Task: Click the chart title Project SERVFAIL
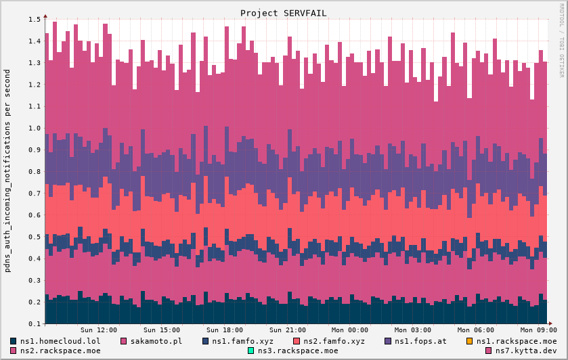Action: click(283, 13)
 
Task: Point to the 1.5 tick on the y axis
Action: click(35, 20)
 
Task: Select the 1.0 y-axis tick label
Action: click(35, 128)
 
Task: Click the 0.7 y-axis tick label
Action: click(35, 194)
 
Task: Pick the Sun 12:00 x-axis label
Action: click(98, 330)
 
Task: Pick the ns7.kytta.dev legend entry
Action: click(521, 351)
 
